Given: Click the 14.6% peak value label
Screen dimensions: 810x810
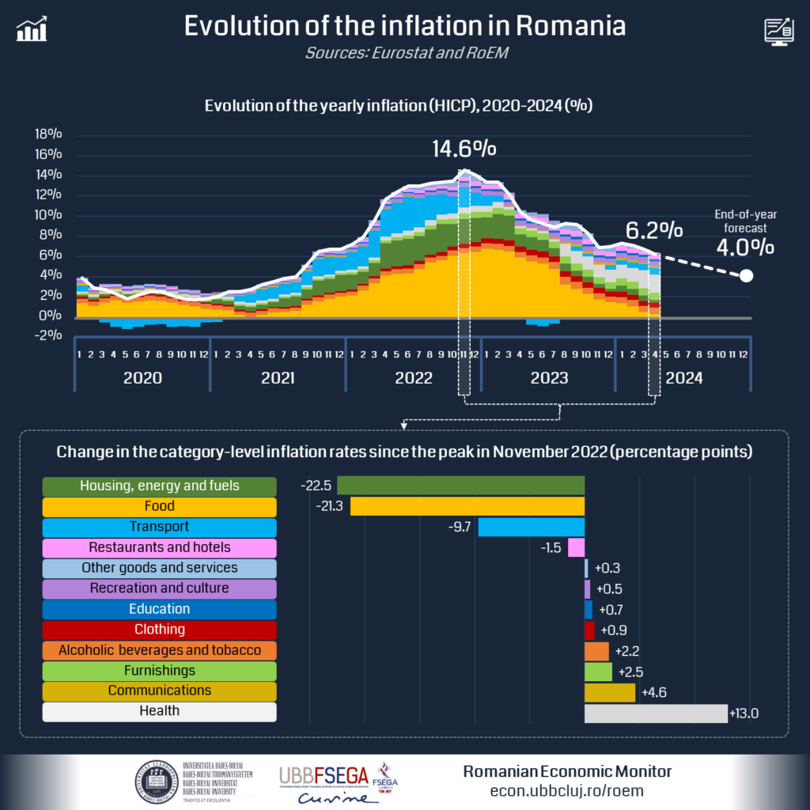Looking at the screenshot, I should tap(464, 150).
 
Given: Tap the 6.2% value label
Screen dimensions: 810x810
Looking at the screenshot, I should tap(654, 230).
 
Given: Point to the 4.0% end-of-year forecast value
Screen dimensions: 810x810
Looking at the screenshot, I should tap(744, 247).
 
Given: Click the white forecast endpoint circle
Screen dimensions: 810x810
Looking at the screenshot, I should tap(745, 276).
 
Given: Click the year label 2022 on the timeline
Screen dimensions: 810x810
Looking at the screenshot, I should tap(413, 378).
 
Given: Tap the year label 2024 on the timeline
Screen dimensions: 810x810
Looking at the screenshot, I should tap(683, 378).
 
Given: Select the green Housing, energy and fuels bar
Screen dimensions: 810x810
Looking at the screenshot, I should tap(460, 486).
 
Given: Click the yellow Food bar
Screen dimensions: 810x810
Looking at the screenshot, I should tap(467, 506).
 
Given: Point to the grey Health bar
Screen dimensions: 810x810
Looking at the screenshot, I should tap(655, 713).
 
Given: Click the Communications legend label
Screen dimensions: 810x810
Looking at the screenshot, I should tap(159, 691).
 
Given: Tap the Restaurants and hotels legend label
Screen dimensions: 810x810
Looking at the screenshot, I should tap(159, 547).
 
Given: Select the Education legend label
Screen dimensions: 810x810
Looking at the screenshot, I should tap(159, 609).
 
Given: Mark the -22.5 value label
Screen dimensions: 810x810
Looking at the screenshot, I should tap(316, 486).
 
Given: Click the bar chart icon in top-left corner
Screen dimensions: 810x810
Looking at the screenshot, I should tap(32, 29).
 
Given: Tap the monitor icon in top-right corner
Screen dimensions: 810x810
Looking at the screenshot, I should tap(778, 30).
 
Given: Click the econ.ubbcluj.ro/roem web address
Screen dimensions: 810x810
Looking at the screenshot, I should tap(567, 791).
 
